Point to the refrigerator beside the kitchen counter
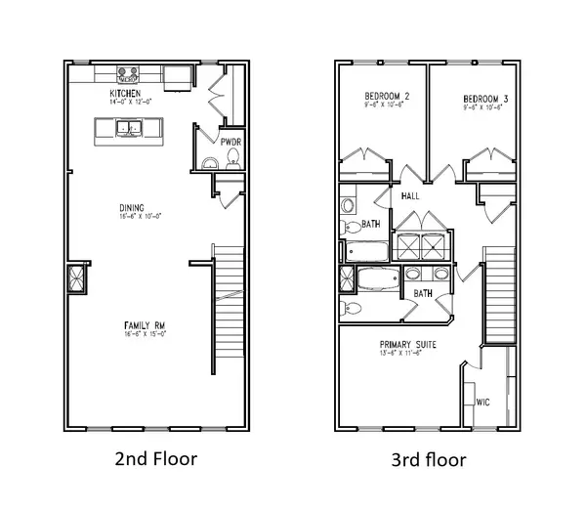point(177,76)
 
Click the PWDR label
point(230,142)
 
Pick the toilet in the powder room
point(232,163)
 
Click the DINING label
point(132,208)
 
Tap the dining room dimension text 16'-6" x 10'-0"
point(132,217)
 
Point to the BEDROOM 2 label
point(386,97)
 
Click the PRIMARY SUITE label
point(408,345)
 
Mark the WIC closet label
point(482,402)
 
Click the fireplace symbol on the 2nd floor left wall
point(76,279)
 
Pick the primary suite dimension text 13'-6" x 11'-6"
point(408,355)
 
